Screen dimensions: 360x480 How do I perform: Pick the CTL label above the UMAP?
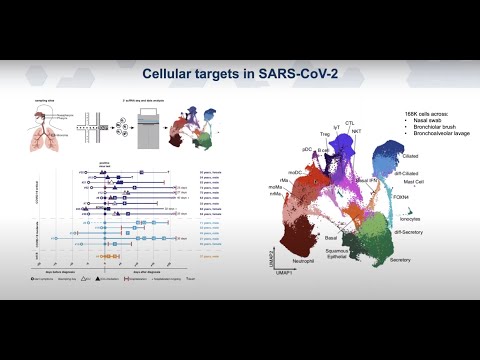(x=349, y=123)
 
